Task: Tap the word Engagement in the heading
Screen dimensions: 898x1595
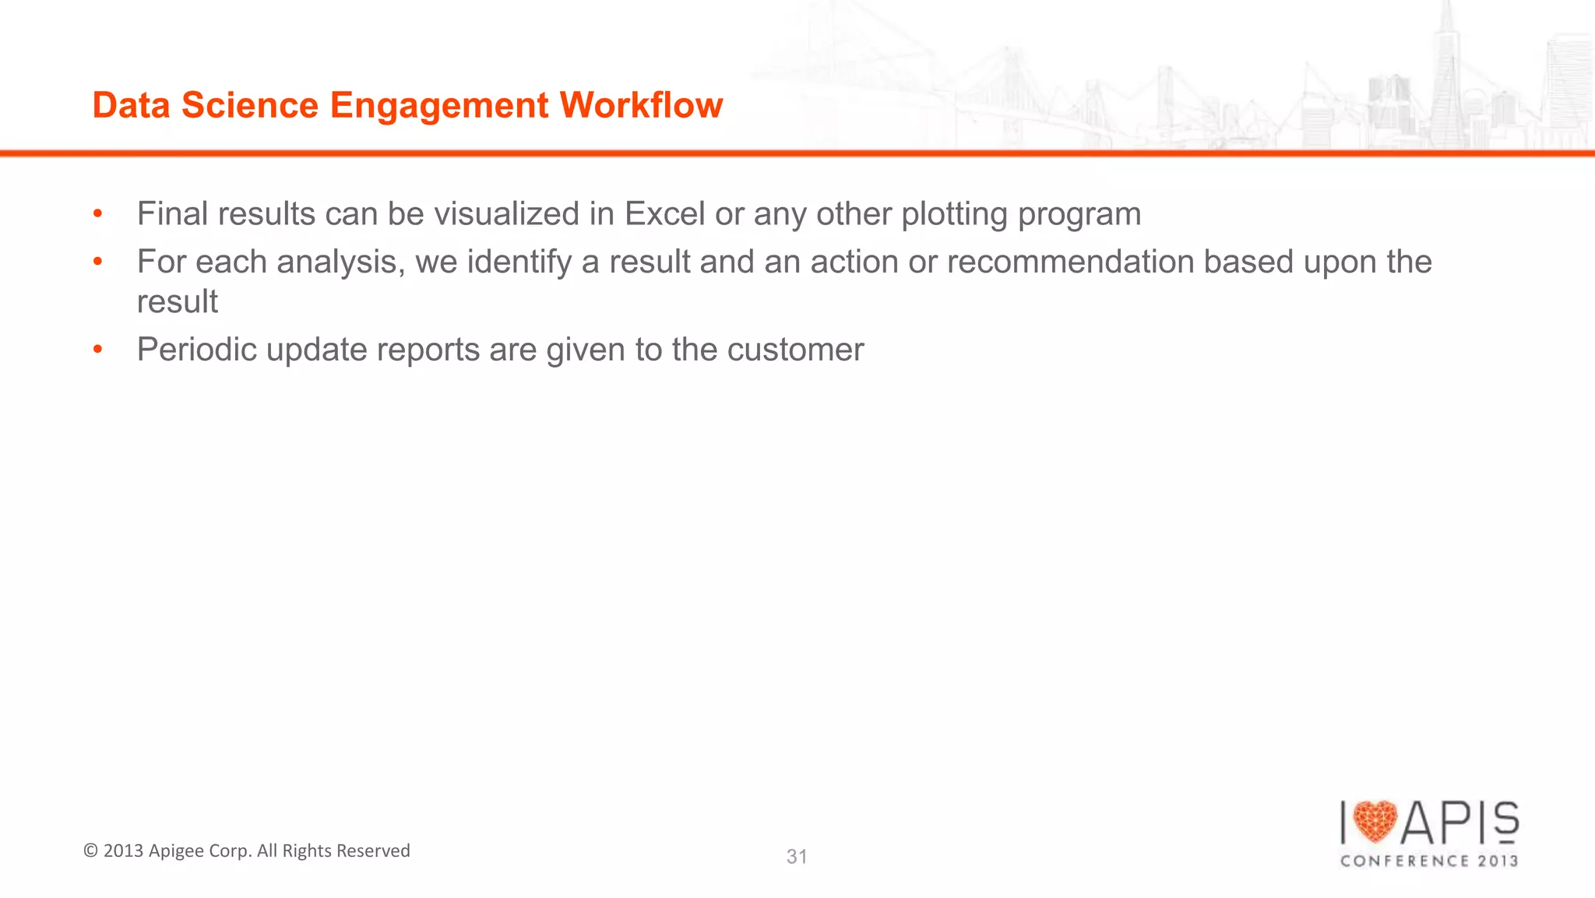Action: click(x=439, y=105)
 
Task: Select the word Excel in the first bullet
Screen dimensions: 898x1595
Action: click(x=664, y=214)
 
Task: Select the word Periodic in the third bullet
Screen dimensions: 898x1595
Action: click(x=197, y=350)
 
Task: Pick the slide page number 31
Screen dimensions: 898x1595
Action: click(x=797, y=857)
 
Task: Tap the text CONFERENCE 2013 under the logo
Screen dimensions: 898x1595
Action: click(x=1429, y=861)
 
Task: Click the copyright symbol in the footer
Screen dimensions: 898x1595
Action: click(x=90, y=851)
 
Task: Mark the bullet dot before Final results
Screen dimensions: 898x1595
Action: click(x=97, y=213)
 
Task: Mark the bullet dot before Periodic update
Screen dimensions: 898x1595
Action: click(x=97, y=349)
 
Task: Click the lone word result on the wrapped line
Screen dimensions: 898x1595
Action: click(x=177, y=302)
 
